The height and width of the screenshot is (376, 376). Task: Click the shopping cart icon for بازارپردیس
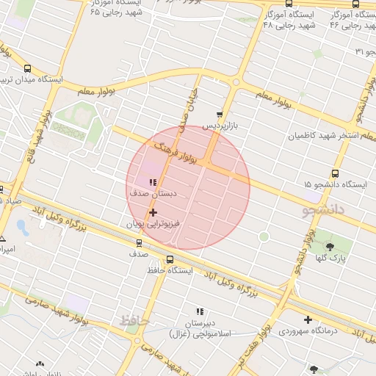[220, 115]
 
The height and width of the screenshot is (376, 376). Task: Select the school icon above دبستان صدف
[153, 183]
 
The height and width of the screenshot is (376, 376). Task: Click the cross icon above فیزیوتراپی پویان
[153, 212]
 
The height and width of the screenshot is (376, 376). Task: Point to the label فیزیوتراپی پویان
[153, 223]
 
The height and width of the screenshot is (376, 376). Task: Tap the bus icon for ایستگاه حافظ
[170, 259]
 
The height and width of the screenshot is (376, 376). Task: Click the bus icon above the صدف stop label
[139, 242]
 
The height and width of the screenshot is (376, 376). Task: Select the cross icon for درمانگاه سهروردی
[308, 319]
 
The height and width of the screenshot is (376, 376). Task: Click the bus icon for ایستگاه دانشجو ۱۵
[335, 173]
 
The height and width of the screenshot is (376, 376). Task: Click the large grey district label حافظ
[134, 321]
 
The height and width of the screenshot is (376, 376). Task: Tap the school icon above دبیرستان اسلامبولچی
[198, 312]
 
